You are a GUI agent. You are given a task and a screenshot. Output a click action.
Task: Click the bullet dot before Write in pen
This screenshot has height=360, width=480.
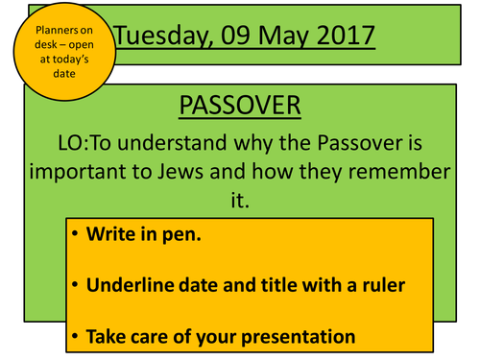pos(75,233)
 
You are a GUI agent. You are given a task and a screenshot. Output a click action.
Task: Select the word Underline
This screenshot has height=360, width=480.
pos(133,284)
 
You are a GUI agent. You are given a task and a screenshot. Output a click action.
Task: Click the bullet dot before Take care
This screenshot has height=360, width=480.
pos(75,336)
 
